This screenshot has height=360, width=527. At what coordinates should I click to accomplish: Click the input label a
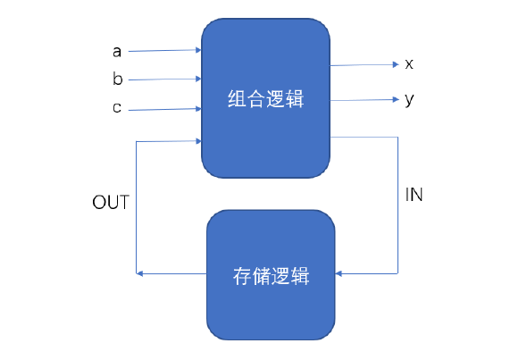pos(117,52)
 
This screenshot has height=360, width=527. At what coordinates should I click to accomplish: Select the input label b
pos(117,80)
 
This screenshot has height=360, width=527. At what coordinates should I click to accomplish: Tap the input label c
pos(117,109)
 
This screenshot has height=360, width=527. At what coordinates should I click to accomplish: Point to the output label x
pos(409,64)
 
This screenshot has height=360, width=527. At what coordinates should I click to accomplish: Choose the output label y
pos(409,99)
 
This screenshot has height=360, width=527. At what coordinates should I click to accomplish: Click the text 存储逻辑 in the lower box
pos(271,275)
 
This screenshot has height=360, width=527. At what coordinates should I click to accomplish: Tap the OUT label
pos(111,202)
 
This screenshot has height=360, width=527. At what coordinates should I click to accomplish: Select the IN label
pos(414,195)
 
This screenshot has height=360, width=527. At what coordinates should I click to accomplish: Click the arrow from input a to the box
pos(165,52)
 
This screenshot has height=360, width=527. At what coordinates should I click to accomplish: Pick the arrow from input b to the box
pos(165,80)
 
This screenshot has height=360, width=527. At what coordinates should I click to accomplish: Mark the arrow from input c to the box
pos(165,110)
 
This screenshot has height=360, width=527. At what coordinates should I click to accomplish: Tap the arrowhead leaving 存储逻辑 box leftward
pos(139,272)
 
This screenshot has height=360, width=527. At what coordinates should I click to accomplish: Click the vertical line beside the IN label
pos(397,205)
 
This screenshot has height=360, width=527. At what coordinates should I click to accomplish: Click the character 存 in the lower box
pos(241,275)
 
